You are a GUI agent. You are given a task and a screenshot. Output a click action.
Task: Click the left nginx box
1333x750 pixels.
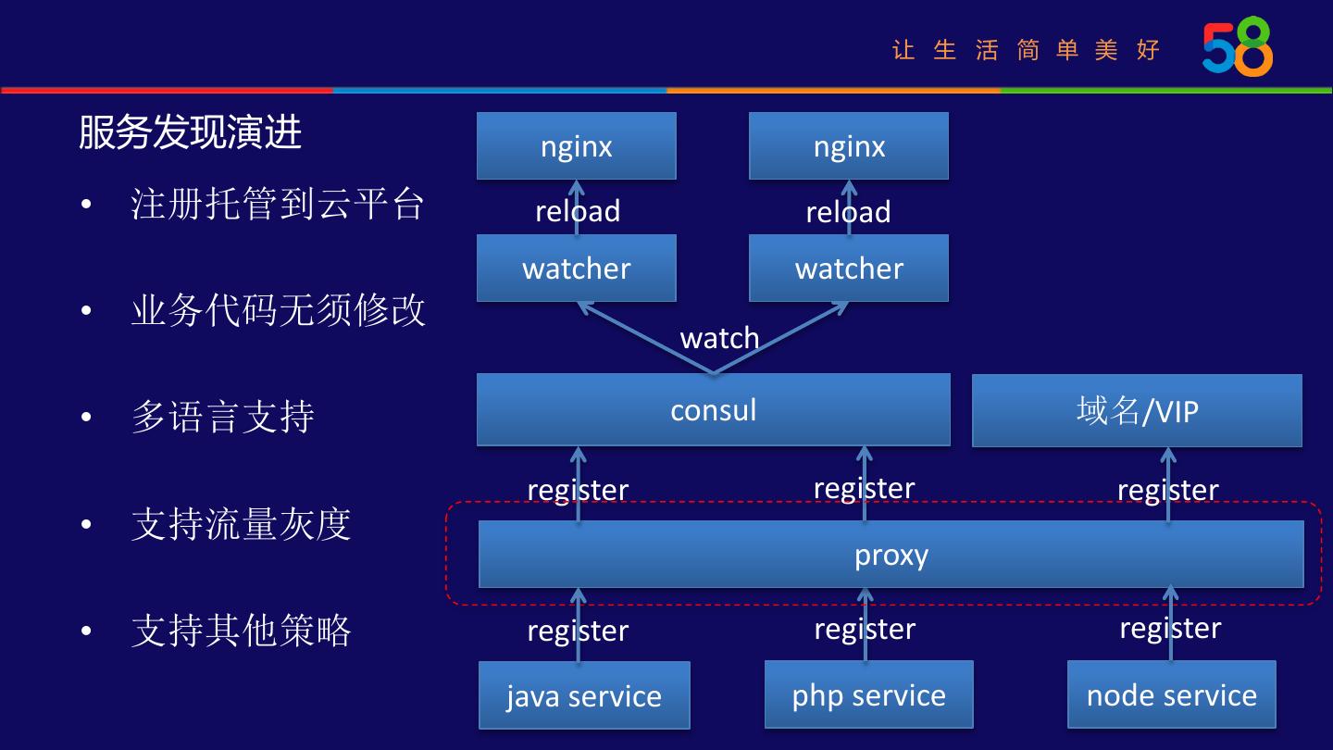point(576,146)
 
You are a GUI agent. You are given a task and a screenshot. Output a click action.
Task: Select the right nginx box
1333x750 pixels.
point(848,146)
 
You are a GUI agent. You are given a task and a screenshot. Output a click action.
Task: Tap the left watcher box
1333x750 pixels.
point(576,268)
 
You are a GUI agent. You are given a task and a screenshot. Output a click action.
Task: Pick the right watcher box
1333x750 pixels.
point(848,268)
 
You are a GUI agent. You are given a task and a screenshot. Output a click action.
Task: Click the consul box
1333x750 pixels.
point(713,409)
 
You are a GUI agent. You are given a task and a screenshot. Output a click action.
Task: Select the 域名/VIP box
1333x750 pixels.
point(1137,410)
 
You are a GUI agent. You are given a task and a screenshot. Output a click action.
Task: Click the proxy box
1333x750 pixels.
point(891,554)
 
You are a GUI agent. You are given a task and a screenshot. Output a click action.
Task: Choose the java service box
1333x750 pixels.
point(583,695)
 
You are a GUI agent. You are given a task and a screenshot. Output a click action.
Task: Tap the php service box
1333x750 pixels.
point(868,694)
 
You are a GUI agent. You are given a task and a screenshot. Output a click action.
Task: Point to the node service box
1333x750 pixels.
point(1171,694)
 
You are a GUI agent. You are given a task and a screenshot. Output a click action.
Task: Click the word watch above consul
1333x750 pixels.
point(719,338)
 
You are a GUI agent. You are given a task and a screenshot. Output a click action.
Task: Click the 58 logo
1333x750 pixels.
point(1237,47)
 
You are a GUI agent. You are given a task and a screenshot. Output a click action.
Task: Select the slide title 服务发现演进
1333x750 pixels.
point(190,132)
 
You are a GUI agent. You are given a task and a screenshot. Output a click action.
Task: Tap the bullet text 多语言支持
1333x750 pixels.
point(222,417)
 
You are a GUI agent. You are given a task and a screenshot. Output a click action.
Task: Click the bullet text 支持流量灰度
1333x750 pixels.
point(241,524)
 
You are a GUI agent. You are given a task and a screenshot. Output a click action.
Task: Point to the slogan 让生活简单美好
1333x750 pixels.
point(1026,50)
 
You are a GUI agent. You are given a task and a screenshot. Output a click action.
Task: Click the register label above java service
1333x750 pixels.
point(578,631)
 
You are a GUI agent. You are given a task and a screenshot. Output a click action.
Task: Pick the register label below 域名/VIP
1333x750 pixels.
point(1167,489)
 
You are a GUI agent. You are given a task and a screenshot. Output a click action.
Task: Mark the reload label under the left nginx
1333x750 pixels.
point(578,211)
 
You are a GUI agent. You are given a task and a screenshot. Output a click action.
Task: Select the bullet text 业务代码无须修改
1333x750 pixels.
point(278,309)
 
